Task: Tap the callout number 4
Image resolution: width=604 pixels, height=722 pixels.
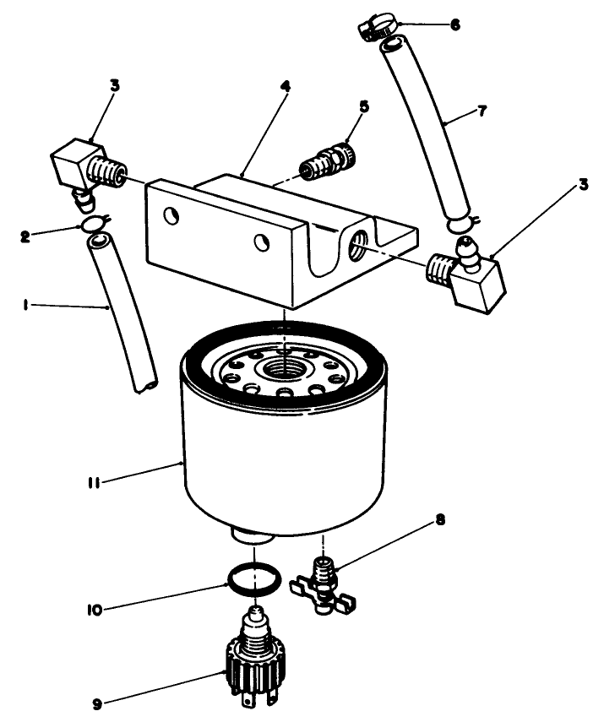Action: point(286,86)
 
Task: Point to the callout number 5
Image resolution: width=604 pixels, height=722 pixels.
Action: point(364,107)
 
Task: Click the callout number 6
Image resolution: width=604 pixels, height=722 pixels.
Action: point(455,24)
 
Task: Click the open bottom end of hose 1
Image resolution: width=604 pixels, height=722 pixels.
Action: point(146,385)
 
